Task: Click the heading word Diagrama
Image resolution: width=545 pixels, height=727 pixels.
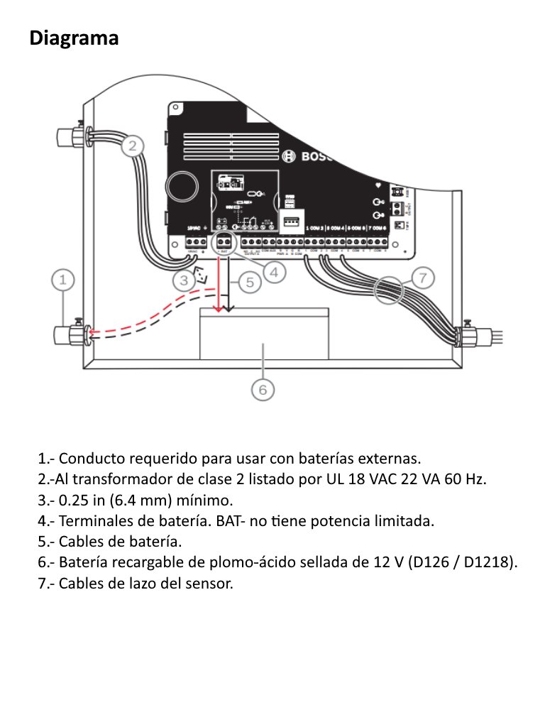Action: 75,38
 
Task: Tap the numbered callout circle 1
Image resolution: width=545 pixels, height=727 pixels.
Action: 63,280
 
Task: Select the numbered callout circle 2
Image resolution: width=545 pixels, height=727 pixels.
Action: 132,146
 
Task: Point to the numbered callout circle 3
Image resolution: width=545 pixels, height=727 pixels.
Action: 184,280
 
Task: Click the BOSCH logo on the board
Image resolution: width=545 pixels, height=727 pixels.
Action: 308,157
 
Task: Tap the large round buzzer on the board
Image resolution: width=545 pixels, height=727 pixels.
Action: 182,186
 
